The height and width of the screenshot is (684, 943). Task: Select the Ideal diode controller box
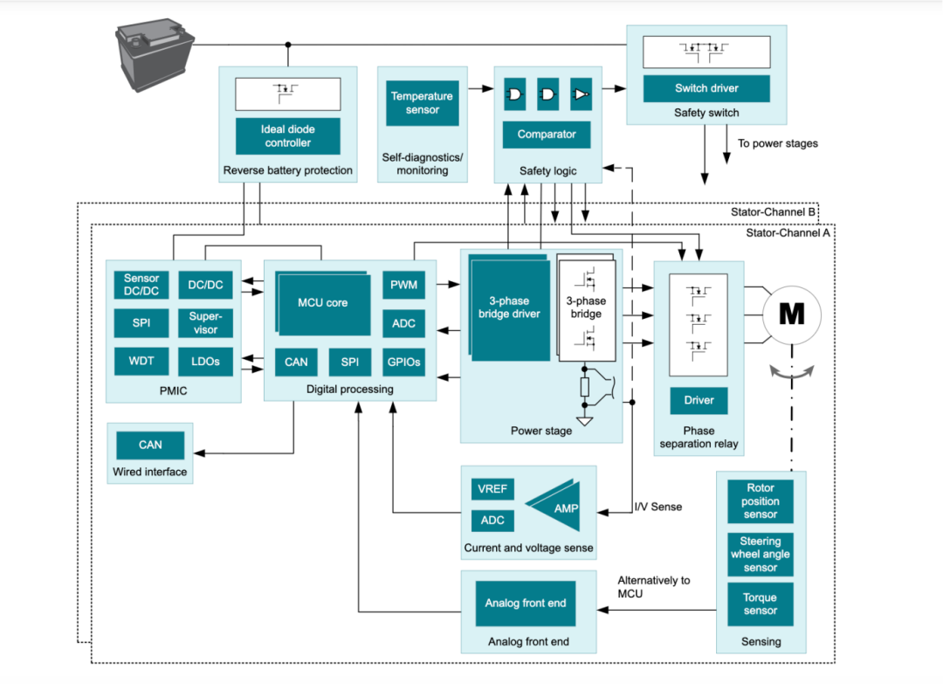(287, 136)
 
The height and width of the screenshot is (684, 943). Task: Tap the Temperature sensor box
(422, 103)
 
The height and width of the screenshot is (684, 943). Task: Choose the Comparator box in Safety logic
(547, 135)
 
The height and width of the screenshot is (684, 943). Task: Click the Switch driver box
(706, 88)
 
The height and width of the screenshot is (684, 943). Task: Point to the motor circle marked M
(791, 314)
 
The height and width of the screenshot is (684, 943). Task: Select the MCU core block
(324, 302)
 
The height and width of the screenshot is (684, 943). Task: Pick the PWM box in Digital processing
(403, 285)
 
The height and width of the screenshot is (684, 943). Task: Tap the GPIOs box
(403, 362)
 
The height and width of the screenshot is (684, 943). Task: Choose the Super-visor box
(205, 323)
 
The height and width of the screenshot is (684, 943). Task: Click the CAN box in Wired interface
(150, 445)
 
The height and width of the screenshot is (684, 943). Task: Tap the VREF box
(492, 490)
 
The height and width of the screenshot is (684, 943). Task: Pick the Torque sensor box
(760, 605)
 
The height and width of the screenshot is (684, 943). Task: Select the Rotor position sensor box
(760, 501)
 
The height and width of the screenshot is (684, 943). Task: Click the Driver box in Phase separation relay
(699, 400)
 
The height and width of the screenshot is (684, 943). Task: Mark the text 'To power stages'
(777, 143)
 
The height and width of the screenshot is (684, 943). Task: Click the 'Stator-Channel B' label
(773, 212)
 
